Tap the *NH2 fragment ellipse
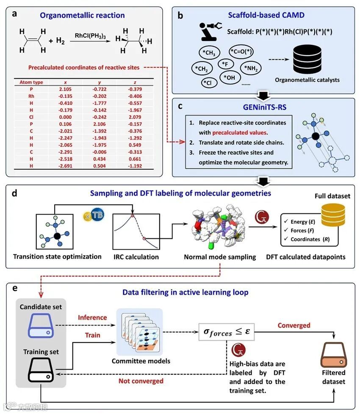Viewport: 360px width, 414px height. tap(250, 68)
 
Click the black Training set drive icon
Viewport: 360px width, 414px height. tap(40, 371)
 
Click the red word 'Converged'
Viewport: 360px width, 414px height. tap(294, 325)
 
